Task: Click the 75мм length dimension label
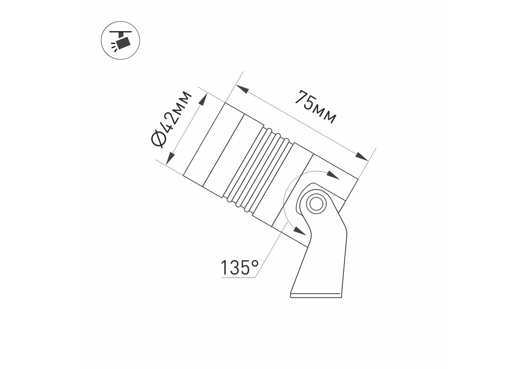point(316,107)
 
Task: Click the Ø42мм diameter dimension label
point(171,119)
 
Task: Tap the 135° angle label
point(239,268)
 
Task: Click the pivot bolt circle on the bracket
point(316,203)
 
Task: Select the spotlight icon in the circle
point(120,41)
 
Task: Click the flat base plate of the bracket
point(316,296)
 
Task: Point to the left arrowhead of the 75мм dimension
point(242,89)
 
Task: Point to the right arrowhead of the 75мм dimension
point(362,156)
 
